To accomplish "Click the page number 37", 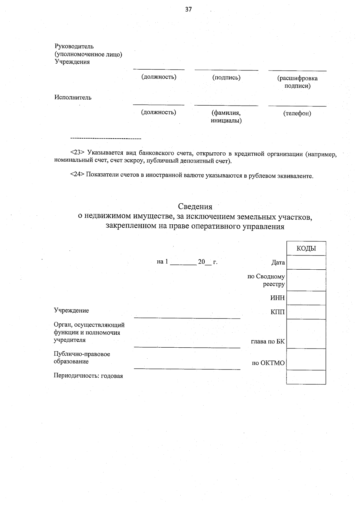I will [188, 9].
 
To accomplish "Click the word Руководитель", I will [74, 46].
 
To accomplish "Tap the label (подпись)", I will [226, 78].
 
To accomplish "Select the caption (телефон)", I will [297, 113].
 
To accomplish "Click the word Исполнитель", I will [73, 97].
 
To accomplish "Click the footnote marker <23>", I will [78, 154].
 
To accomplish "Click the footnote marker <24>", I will [78, 175].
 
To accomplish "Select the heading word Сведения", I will [195, 206].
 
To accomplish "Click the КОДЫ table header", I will [306, 248].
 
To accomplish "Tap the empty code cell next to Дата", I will [306, 262].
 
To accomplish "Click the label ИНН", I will [277, 298].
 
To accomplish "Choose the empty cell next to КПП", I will [306, 312].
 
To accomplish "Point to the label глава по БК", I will [268, 341].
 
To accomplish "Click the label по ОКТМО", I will [268, 363].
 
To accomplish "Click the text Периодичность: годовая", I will [88, 376].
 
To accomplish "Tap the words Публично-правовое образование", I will [82, 358].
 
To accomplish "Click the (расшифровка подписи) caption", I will [297, 82].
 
